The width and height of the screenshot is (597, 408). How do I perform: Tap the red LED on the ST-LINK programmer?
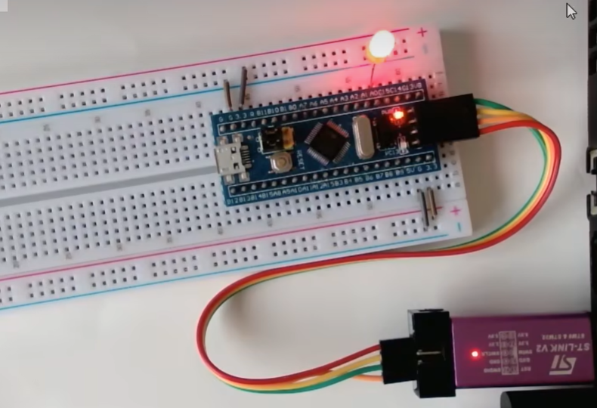[474, 354]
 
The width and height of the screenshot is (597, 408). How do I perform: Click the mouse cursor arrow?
[571, 11]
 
